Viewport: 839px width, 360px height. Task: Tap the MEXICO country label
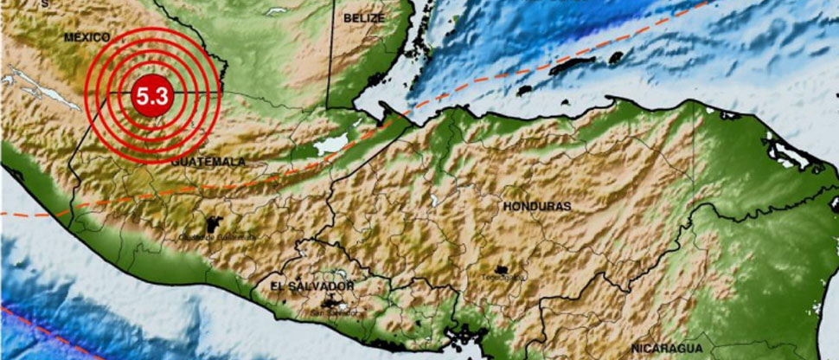(x=86, y=37)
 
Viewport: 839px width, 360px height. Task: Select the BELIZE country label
(x=364, y=17)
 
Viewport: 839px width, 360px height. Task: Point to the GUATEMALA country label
(x=208, y=161)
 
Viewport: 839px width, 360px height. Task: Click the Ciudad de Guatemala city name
(x=205, y=236)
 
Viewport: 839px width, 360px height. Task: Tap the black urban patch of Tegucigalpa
(x=501, y=269)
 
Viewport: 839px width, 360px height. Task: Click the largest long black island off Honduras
(x=573, y=64)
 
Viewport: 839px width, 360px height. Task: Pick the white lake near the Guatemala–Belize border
(x=330, y=144)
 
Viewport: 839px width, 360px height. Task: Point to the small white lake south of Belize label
(x=277, y=10)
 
